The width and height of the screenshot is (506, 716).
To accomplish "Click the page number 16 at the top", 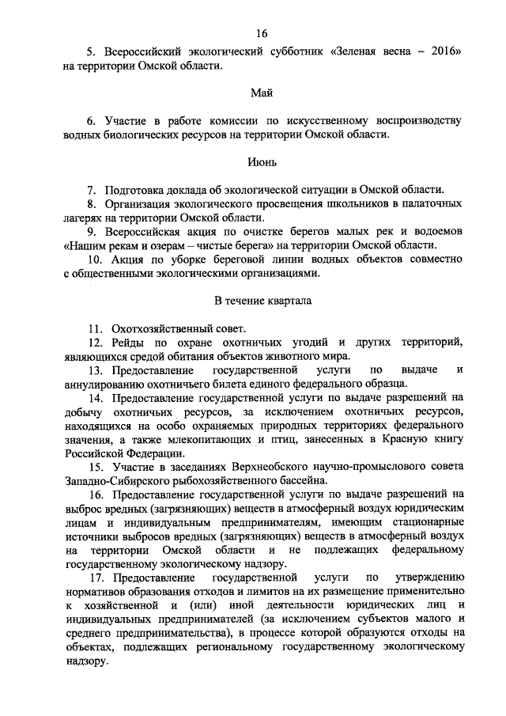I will [x=262, y=32].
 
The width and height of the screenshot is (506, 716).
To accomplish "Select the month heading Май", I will [x=262, y=93].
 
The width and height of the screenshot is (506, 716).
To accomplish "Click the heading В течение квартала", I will [x=262, y=301].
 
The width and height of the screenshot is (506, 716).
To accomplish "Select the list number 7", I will [x=91, y=190].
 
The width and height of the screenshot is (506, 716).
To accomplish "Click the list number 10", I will [x=93, y=260].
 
